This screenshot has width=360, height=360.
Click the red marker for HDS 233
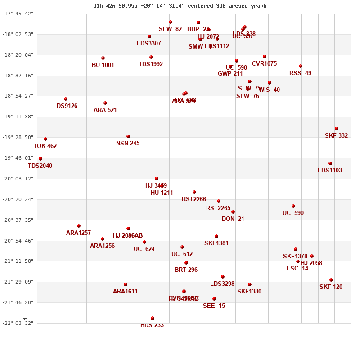[153, 318]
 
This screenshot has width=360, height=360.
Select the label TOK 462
[45, 146]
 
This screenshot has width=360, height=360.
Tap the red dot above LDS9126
[66, 99]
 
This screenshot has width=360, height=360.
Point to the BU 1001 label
[103, 65]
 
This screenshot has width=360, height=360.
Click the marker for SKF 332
[337, 129]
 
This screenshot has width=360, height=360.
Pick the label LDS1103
[330, 171]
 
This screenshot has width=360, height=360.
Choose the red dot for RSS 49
[301, 66]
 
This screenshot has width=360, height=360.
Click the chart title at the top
[180, 6]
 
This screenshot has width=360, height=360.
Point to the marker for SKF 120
[331, 280]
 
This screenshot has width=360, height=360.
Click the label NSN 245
[128, 144]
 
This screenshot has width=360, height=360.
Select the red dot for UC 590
[293, 206]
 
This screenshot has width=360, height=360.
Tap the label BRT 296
[186, 270]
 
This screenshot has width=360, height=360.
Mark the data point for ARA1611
[126, 284]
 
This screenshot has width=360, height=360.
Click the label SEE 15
[214, 306]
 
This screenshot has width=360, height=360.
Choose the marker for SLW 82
[171, 22]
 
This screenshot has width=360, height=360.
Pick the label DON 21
[233, 219]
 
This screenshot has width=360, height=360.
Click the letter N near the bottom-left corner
[25, 319]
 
